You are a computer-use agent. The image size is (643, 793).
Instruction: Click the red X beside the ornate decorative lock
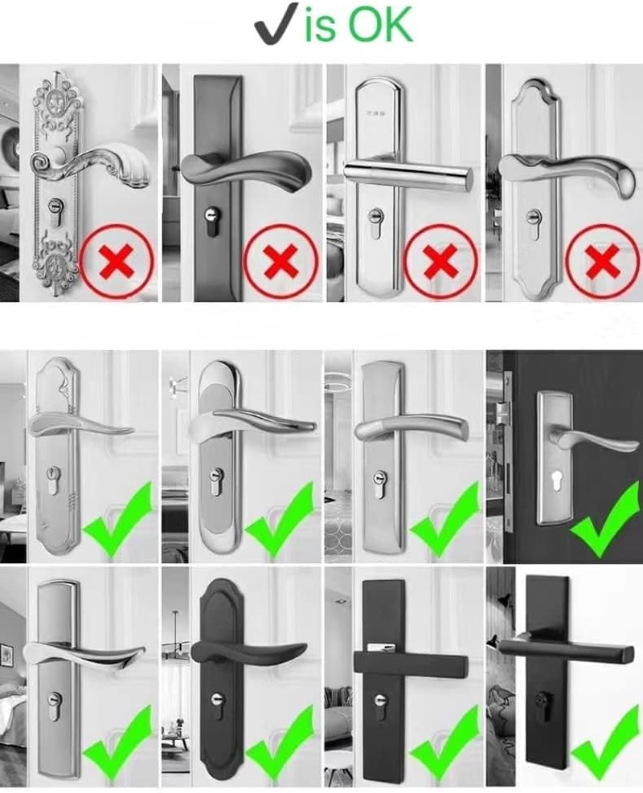(x=117, y=260)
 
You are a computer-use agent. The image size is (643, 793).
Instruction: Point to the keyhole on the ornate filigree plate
(x=55, y=208)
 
